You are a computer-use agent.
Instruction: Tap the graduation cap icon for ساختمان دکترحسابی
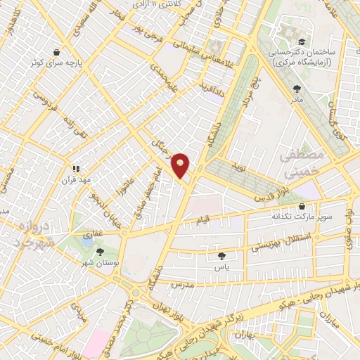(x=301, y=41)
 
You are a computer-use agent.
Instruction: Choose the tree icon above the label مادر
(x=297, y=89)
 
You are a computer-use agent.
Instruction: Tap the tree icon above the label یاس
(x=223, y=256)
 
